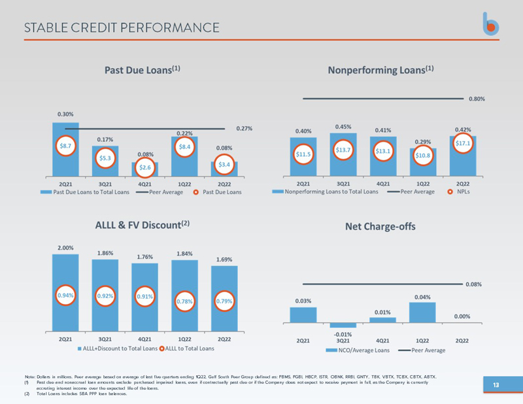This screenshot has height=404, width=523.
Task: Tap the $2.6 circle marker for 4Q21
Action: coord(144,168)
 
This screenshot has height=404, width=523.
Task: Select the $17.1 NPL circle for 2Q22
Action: coord(462,143)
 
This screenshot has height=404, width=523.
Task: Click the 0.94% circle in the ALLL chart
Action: coord(65,295)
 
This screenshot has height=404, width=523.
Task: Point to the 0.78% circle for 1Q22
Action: coord(184,301)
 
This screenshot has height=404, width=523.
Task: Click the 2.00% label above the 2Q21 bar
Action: coord(65,248)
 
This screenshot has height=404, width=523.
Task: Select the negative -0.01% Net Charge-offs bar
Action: coord(343,326)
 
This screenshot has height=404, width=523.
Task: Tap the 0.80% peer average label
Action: coord(478,99)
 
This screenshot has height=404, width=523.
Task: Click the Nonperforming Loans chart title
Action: coord(381,69)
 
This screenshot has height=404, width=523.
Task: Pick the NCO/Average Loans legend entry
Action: coord(358,351)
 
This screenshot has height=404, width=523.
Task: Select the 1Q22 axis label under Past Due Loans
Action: coord(184,184)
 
